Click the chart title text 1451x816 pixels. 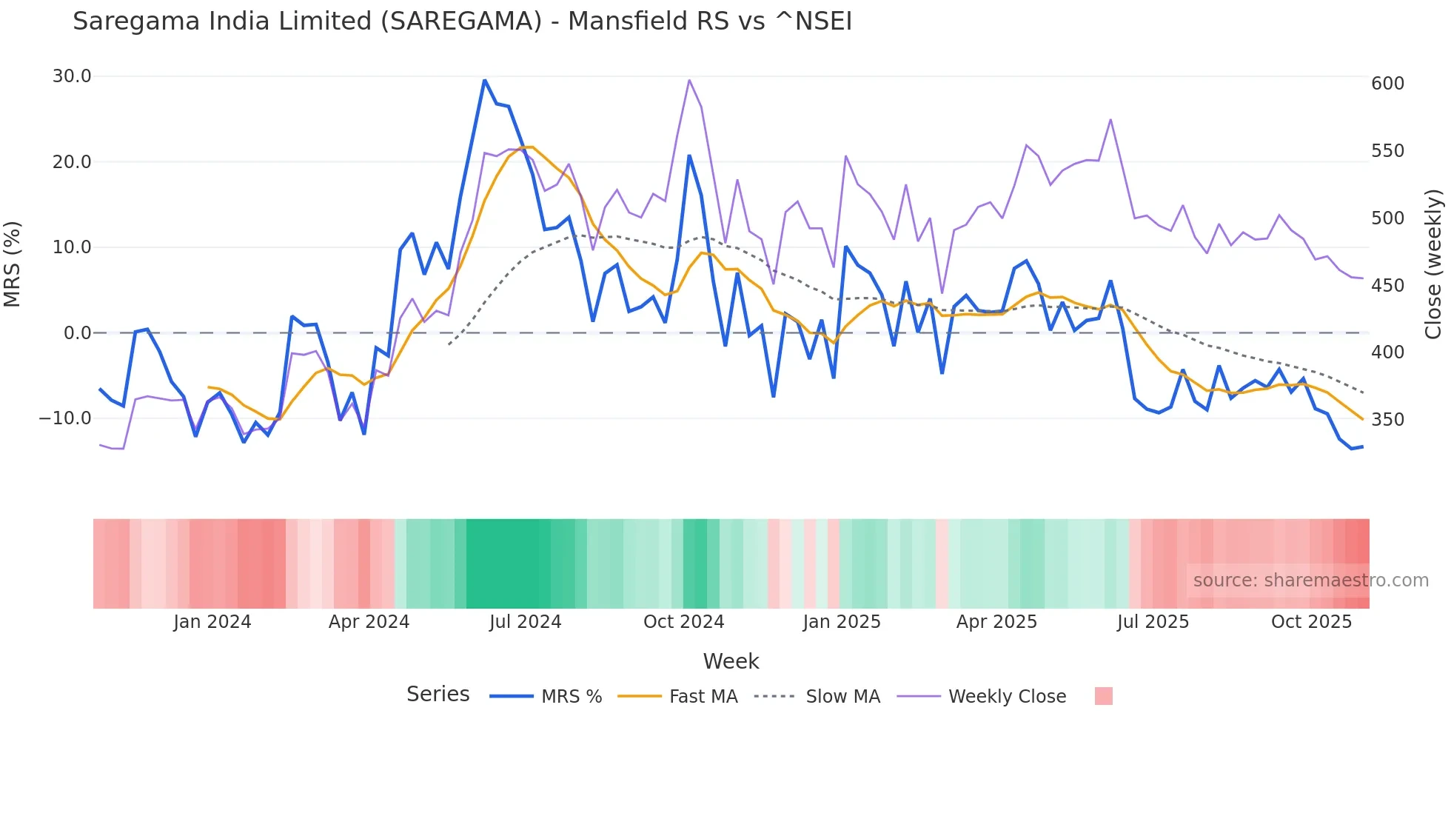(462, 21)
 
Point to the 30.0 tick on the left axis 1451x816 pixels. (72, 76)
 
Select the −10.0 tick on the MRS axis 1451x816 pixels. (65, 418)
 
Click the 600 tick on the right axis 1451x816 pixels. (1387, 84)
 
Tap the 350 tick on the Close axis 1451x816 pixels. (1387, 420)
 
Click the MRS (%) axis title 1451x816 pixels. (13, 264)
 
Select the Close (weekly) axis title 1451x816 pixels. (1433, 264)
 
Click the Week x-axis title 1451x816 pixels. (731, 661)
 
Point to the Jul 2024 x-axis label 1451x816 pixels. (525, 622)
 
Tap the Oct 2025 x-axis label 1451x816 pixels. (1311, 622)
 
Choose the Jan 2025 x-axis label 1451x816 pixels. (842, 622)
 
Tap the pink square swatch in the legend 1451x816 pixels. (1103, 696)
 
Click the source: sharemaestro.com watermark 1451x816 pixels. (1310, 581)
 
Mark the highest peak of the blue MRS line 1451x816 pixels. (484, 81)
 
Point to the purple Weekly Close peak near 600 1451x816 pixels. (689, 81)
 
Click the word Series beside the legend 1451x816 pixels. (438, 695)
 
